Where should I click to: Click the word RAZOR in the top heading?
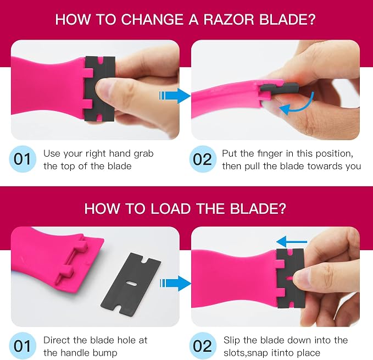tap(229, 19)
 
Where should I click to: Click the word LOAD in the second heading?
tap(170, 208)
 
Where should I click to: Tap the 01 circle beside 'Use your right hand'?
tap(23, 159)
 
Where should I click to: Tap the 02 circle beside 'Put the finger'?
tap(203, 159)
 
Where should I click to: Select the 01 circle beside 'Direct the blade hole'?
tap(23, 346)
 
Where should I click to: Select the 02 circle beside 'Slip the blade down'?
tap(203, 346)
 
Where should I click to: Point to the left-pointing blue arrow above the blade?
tap(292, 242)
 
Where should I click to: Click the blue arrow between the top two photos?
tap(175, 96)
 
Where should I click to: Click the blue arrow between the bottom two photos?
tap(175, 284)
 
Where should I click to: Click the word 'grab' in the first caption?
tap(143, 154)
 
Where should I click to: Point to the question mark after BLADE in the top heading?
tap(310, 19)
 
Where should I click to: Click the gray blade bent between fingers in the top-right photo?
tap(279, 88)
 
